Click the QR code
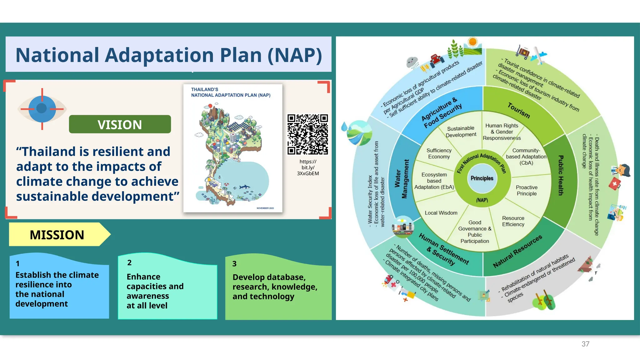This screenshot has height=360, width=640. click(307, 134)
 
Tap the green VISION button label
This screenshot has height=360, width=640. click(120, 124)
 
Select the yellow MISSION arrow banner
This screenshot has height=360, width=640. click(58, 235)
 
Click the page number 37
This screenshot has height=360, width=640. click(585, 344)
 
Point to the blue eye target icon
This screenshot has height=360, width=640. click(42, 109)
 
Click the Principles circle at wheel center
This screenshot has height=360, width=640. click(482, 178)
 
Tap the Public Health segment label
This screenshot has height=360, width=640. click(561, 175)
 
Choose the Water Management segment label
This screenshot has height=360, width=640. click(402, 179)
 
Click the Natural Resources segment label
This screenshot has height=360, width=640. click(517, 251)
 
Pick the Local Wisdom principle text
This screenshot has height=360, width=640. click(441, 213)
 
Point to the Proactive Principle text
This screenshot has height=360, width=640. click(527, 190)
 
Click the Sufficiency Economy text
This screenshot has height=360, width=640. click(439, 153)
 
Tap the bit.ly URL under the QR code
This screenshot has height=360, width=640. click(308, 167)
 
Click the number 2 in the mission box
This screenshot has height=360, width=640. click(129, 263)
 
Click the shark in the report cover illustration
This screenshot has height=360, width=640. click(245, 187)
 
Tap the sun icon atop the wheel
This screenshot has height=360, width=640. click(472, 42)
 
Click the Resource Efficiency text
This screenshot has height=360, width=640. click(513, 221)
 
